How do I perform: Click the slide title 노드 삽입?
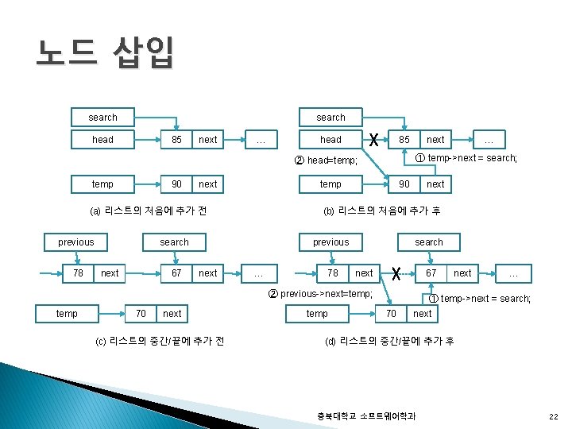[x=103, y=54]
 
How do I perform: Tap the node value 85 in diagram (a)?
[x=176, y=140]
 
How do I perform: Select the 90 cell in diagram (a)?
[x=176, y=184]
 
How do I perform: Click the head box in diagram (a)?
[x=102, y=140]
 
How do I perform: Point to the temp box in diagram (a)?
[x=102, y=184]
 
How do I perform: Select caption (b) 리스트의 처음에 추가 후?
[x=381, y=211]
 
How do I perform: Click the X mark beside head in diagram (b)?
[x=373, y=139]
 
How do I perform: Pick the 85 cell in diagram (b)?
[x=404, y=140]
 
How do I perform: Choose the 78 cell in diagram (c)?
[x=78, y=273]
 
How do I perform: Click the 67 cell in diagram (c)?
[x=176, y=273]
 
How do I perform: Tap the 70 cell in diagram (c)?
[x=141, y=314]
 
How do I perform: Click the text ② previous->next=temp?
[x=327, y=294]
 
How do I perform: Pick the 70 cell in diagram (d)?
[x=391, y=314]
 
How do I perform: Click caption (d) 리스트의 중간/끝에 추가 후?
[x=389, y=341]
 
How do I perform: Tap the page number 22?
[x=553, y=415]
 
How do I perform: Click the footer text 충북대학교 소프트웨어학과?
[x=366, y=415]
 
